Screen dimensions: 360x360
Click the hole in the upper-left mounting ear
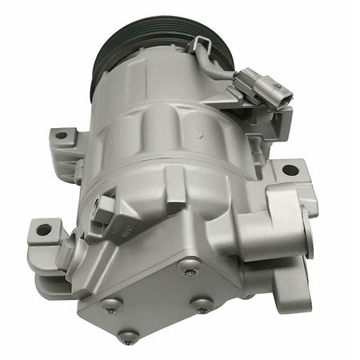click(x=61, y=138)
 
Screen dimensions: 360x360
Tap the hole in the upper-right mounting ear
click(x=290, y=170)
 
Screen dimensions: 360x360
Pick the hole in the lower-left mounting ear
click(x=43, y=230)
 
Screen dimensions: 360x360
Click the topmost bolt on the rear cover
click(x=189, y=273)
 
